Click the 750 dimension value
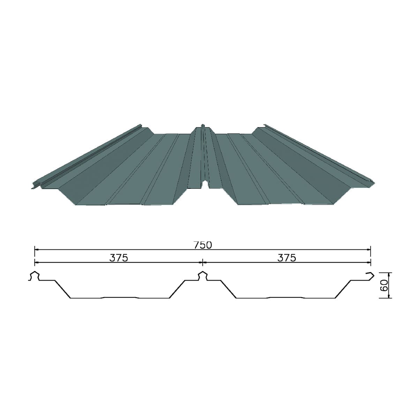tap(202, 245)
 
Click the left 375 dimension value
tap(119, 258)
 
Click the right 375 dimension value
tap(286, 258)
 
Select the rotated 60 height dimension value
tap(384, 285)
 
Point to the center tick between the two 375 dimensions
tap(203, 263)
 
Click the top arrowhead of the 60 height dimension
tap(389, 274)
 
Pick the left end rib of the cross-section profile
tap(35, 276)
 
